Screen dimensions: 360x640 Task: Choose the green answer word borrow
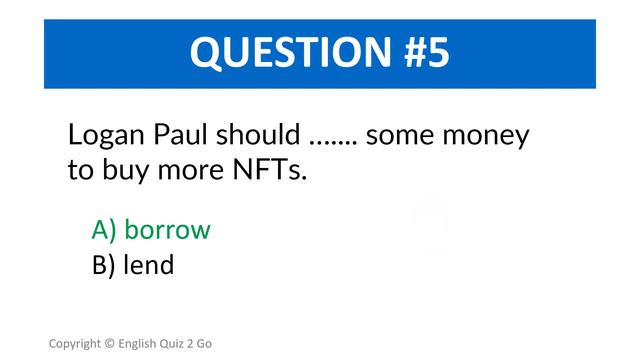click(x=167, y=230)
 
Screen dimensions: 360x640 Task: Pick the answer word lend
click(x=149, y=265)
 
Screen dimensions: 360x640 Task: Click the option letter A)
click(x=105, y=231)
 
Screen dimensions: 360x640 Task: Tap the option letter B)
click(x=104, y=266)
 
